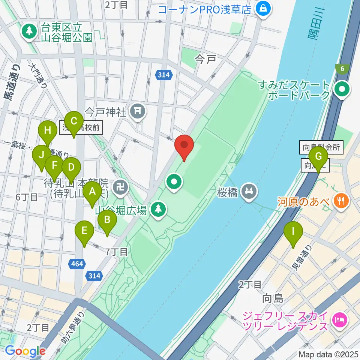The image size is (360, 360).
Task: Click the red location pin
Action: click(x=184, y=145)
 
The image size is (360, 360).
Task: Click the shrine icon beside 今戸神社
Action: click(x=138, y=111)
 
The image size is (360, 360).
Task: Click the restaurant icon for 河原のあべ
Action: click(x=341, y=201)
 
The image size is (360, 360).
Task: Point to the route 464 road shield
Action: click(x=76, y=264)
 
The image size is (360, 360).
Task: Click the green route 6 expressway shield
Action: click(x=342, y=68)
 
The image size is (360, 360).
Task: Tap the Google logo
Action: click(x=25, y=351)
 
